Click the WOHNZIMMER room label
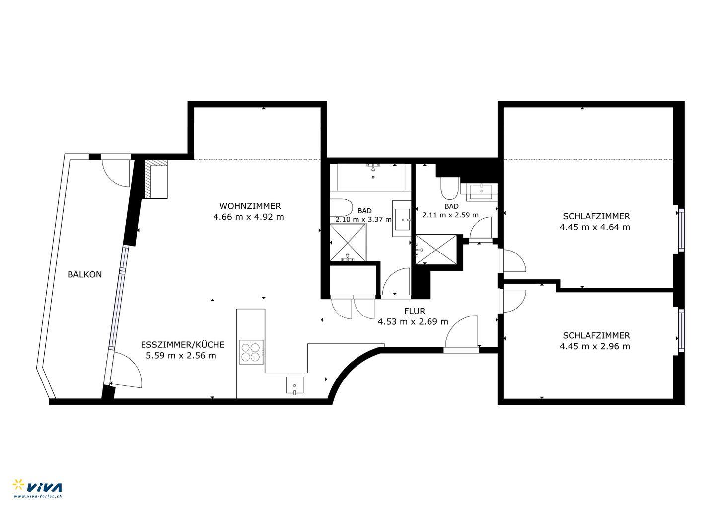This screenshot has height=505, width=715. (250, 206)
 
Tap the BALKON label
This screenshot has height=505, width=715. (84, 274)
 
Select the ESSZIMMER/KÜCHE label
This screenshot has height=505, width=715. (183, 345)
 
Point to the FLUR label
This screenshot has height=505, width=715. (415, 311)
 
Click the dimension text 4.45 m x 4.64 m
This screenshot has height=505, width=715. (595, 227)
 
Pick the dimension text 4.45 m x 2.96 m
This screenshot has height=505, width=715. (595, 346)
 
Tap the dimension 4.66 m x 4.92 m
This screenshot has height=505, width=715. (248, 217)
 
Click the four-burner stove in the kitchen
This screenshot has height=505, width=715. (252, 352)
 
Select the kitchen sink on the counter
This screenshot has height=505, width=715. (295, 385)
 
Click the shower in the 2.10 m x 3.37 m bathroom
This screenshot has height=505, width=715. (348, 242)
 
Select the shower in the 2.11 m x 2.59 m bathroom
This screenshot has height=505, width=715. (436, 250)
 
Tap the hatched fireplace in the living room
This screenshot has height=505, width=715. (156, 179)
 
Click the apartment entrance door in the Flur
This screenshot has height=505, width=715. (462, 333)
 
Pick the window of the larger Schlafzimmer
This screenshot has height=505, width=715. (681, 230)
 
